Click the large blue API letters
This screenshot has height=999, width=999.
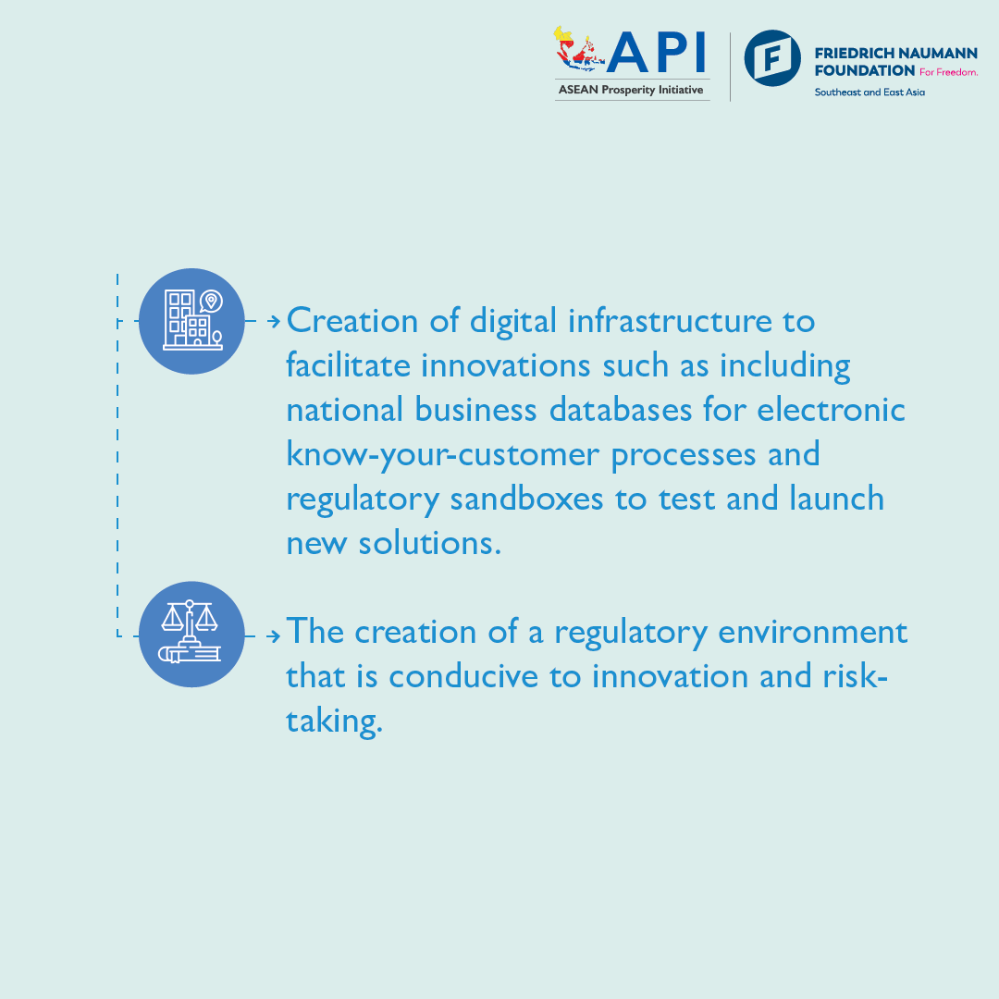click(656, 52)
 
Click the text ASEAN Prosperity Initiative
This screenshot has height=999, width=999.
click(631, 90)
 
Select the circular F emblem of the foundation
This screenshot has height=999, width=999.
click(772, 58)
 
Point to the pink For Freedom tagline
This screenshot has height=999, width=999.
click(948, 72)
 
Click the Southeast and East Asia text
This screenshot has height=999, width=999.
click(869, 92)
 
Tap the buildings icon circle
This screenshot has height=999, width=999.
click(191, 321)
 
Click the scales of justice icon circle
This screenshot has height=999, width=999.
click(191, 634)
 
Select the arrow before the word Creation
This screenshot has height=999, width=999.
click(273, 321)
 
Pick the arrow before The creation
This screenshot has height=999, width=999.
click(273, 635)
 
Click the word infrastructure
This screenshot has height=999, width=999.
click(670, 320)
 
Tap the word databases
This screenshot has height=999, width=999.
click(621, 409)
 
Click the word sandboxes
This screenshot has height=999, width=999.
click(526, 499)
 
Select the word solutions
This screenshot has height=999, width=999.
click(429, 543)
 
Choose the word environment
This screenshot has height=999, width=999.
click(812, 632)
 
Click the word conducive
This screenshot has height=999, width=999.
click(463, 676)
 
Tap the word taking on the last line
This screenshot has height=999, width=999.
click(334, 721)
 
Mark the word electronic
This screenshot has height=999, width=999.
click(831, 409)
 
